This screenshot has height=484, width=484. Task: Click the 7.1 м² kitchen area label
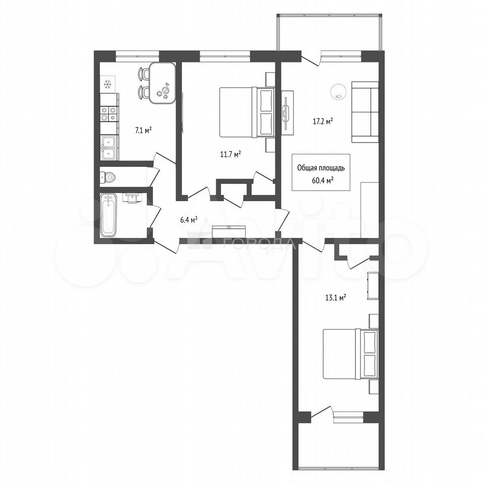pos(143,131)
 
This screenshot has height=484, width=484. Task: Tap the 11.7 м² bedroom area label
pos(230,154)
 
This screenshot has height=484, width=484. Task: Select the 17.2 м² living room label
pos(323,122)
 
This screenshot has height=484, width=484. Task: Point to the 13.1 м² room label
pos(335,298)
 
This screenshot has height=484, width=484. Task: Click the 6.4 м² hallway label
pos(189,220)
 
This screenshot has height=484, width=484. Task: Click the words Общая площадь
pos(321,168)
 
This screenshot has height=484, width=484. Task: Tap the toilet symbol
pos(107,177)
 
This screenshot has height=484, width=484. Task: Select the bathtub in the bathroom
pos(109,215)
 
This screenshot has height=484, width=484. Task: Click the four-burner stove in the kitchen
pos(109,113)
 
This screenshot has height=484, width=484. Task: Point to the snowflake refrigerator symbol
pos(107,84)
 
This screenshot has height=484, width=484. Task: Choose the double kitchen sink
pos(109,148)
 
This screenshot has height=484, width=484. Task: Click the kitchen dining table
pos(162,84)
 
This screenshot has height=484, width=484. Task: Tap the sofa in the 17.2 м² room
pos(365,112)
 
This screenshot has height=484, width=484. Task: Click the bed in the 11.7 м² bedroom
pos(247,112)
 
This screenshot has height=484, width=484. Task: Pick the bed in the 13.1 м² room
pos(351,354)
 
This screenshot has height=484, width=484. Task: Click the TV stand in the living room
pos(287,112)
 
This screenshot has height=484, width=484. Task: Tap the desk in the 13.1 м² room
pos(373,285)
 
